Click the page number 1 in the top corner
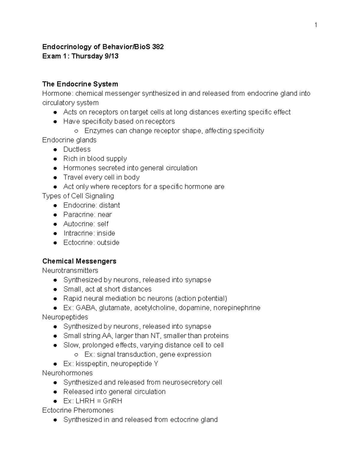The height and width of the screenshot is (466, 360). (x=316, y=25)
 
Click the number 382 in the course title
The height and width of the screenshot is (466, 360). (x=158, y=47)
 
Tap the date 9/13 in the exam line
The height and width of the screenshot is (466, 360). (x=111, y=56)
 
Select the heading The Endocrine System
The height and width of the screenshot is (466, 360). (x=80, y=84)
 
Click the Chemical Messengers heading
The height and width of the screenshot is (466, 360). (x=79, y=261)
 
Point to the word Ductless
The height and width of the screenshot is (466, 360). (x=77, y=149)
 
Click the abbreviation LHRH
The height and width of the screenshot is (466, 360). (x=86, y=401)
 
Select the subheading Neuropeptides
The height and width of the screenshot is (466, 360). (x=65, y=317)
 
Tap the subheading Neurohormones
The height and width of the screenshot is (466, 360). (x=67, y=373)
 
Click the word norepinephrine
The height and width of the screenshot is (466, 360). (x=237, y=308)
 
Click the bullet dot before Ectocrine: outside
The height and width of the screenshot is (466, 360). (x=55, y=243)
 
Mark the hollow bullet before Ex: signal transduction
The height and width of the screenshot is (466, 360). (x=76, y=355)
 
